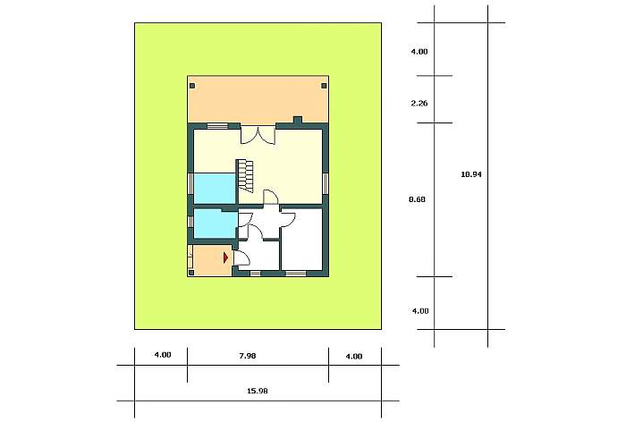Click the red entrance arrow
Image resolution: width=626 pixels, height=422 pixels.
point(226,257)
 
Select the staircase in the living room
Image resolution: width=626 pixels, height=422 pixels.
point(245,176)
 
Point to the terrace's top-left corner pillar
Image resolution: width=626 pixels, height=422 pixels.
point(192,86)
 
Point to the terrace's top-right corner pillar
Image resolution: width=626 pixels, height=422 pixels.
point(324,86)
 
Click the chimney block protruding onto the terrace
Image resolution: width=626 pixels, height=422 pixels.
point(298,120)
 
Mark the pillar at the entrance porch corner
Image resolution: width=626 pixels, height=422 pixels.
point(191,273)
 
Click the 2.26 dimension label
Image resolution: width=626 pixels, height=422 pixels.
point(419,104)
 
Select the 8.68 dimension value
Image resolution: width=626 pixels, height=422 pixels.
point(418,199)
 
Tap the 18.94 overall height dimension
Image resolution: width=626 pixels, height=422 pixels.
point(471,174)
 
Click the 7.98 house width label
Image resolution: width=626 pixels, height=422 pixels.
point(248,356)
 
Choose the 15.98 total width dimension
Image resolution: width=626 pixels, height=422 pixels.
point(258,391)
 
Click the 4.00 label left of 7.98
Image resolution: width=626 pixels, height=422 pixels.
point(163,355)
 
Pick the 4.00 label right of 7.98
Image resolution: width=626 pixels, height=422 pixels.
point(354,356)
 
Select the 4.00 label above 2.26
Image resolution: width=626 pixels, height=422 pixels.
point(419,52)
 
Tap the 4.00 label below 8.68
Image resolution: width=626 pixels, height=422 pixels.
point(420,310)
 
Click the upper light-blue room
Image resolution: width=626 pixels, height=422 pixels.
point(215,189)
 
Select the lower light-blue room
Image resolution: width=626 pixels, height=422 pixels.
point(216,224)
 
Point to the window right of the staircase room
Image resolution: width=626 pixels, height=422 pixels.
point(326,183)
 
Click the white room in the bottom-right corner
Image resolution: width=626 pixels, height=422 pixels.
point(302,239)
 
